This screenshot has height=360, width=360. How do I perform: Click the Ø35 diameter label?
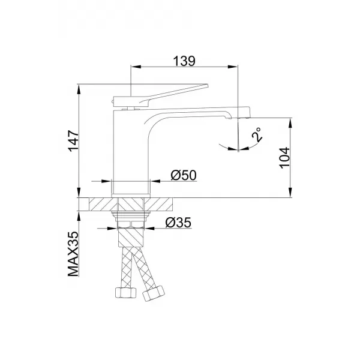tap(178, 223)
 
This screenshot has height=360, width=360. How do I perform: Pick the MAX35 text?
tap(73, 254)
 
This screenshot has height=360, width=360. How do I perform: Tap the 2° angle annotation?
tap(256, 134)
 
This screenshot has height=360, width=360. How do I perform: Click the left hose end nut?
tap(120, 293)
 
